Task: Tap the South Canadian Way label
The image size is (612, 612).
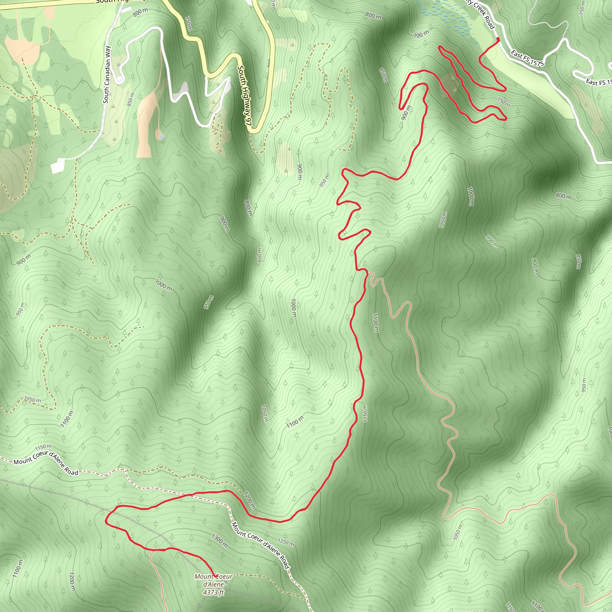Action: click(107, 75)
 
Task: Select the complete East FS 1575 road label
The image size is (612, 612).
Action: click(527, 59)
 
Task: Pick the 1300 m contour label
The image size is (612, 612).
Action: click(220, 541)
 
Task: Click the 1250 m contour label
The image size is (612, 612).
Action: click(286, 542)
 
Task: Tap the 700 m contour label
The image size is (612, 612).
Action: click(421, 34)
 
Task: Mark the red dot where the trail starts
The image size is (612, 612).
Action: click(498, 39)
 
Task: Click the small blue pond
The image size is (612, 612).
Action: click(162, 137)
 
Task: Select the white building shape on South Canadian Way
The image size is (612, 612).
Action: click(58, 166)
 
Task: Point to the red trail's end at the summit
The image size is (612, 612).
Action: click(215, 576)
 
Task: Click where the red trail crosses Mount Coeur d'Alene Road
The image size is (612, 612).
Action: click(191, 495)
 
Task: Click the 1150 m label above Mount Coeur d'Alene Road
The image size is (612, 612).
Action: click(43, 447)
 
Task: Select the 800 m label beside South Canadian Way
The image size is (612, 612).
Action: click(140, 12)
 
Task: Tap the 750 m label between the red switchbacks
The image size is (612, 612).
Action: click(503, 102)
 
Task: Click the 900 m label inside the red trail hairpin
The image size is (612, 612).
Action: click(406, 112)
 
